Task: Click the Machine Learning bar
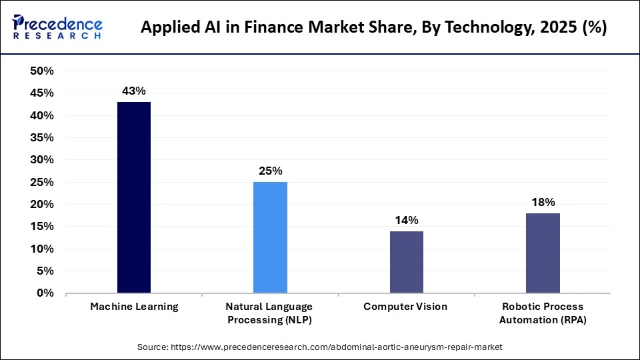[134, 197]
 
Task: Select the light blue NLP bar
[270, 237]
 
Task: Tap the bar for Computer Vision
[406, 262]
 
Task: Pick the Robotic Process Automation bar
[543, 253]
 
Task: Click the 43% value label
[134, 91]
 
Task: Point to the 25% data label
[270, 171]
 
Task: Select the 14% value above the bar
[406, 220]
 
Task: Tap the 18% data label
[543, 202]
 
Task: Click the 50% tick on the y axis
[42, 71]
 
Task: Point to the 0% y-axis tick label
[45, 293]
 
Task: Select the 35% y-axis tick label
[42, 138]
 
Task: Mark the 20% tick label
[42, 205]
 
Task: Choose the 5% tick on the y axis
[45, 271]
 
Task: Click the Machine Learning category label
[134, 307]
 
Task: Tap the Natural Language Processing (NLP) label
[270, 313]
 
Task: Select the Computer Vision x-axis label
[406, 307]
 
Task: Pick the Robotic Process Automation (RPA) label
[543, 313]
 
